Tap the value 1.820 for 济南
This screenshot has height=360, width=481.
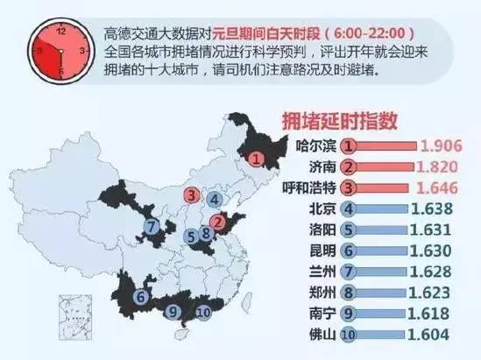tap(444, 166)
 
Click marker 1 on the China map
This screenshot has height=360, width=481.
tap(256, 159)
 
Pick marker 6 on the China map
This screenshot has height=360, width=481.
tap(141, 297)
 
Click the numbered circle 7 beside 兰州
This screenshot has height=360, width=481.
tap(349, 271)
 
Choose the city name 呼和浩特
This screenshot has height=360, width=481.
tap(311, 187)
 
